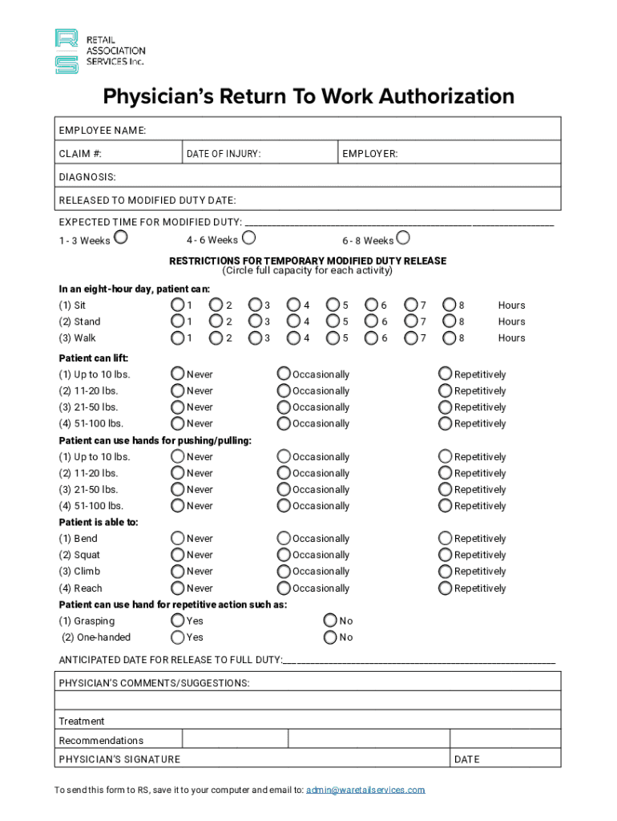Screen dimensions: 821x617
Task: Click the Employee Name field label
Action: [102, 131]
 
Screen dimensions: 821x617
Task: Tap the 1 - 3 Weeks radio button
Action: [121, 237]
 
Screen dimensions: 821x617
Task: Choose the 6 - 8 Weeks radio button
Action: [403, 237]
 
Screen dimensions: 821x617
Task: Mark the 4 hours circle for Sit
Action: [294, 305]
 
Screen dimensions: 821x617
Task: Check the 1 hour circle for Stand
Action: [177, 321]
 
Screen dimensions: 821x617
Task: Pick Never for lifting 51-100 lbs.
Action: [177, 423]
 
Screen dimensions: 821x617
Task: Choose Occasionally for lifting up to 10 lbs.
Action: [284, 374]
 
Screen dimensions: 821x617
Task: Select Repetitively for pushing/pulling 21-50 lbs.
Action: [445, 489]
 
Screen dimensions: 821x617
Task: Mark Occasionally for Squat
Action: [284, 555]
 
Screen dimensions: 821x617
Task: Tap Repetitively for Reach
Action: [445, 588]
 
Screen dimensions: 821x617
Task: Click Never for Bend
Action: [177, 538]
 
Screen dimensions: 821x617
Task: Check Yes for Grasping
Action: [177, 621]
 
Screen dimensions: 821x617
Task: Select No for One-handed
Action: [330, 637]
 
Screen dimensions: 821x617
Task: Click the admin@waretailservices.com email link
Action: [365, 790]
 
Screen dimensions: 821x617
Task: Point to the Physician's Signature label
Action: [119, 759]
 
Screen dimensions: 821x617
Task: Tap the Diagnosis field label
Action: [87, 176]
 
